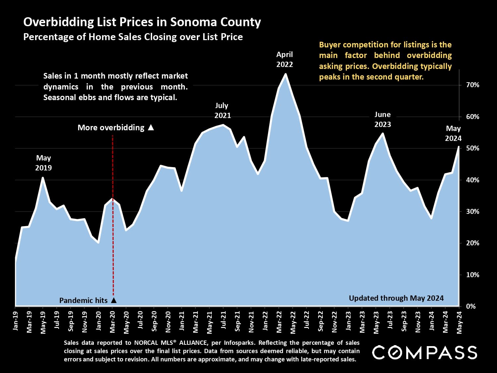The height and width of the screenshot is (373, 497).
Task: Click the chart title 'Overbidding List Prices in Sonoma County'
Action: click(142, 22)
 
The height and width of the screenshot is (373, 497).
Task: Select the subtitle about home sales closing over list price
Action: click(133, 37)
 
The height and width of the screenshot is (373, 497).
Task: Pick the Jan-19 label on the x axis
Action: click(15, 321)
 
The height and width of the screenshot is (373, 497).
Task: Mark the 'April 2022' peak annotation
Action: click(285, 59)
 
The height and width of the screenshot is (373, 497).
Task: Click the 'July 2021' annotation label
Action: click(222, 110)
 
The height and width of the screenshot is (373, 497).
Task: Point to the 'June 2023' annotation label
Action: click(383, 119)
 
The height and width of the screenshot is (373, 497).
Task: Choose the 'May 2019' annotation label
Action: click(43, 163)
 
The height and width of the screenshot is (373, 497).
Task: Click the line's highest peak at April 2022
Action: click(285, 74)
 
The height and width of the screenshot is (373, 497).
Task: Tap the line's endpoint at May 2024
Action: click(459, 147)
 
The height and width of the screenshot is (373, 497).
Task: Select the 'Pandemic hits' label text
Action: click(83, 300)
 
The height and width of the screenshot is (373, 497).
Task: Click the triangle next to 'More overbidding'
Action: click(151, 127)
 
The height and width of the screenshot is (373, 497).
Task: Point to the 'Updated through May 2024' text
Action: click(396, 298)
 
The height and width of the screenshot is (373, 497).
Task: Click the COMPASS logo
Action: click(424, 352)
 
